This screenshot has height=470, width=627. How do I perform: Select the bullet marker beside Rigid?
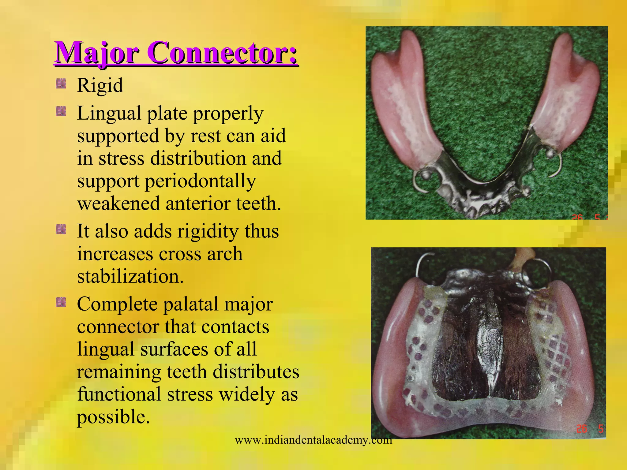coord(61,84)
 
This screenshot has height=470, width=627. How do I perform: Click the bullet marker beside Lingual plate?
coord(61,111)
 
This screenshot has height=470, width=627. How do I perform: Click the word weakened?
coord(118,203)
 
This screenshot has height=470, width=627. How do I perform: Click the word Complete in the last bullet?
coord(117,305)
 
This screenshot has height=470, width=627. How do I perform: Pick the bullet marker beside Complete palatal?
coord(61,302)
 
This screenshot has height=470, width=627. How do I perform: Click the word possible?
coord(113,417)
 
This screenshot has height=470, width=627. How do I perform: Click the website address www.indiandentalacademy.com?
coord(313,440)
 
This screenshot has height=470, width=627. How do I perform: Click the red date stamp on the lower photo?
coord(589,429)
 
